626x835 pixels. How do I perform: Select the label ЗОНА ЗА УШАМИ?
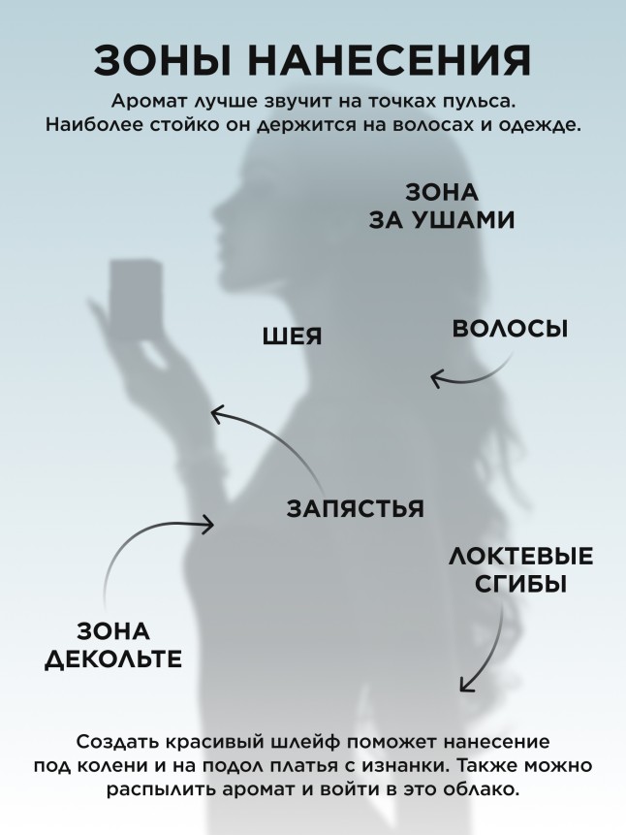[x=441, y=206]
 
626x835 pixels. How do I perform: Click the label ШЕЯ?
[x=292, y=337]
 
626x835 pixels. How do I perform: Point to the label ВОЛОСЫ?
[x=510, y=329]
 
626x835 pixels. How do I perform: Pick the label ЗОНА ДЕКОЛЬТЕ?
[x=113, y=646]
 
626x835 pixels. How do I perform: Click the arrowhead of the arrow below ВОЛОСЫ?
[x=437, y=377]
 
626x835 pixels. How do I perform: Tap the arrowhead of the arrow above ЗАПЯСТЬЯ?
[x=217, y=415]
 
